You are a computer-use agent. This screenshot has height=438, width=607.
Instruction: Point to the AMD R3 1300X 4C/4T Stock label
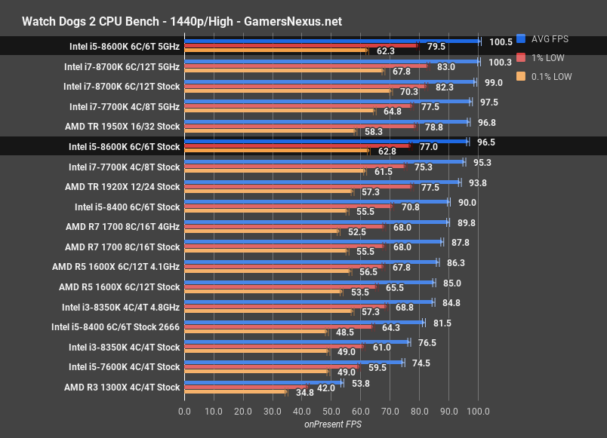click(122, 387)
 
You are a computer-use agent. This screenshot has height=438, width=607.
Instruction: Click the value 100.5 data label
click(500, 42)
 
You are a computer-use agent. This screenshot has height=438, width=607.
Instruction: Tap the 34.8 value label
click(305, 392)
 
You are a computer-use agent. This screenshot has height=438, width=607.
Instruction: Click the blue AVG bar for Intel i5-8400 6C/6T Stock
click(316, 201)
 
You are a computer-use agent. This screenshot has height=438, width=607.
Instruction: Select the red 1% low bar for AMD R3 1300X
click(246, 387)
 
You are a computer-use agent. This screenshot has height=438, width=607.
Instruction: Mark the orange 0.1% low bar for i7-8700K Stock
click(288, 91)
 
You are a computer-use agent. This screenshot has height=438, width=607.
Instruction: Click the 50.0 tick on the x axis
click(331, 412)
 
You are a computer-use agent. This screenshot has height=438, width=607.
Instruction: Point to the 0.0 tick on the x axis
click(184, 412)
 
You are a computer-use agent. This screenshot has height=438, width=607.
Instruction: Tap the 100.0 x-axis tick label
click(478, 412)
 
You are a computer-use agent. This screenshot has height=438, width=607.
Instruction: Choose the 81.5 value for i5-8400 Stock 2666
click(442, 323)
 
